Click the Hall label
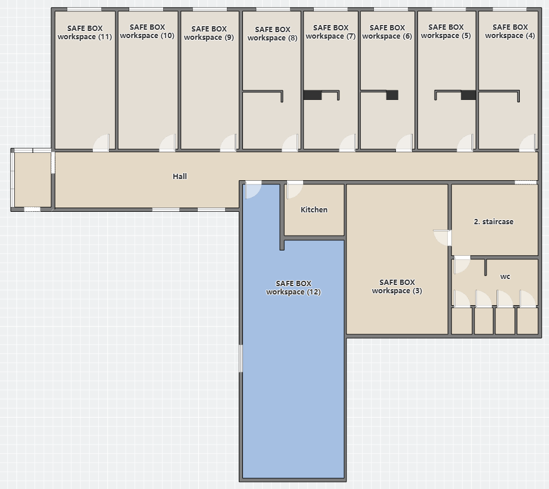180,176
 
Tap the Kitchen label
314,209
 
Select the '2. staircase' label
494,221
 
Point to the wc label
505,277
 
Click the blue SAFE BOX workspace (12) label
294,287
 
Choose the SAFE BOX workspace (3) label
397,287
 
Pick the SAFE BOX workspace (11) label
85,33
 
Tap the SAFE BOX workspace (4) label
510,31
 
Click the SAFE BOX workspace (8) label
272,33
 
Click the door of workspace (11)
101,143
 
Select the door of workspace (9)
228,143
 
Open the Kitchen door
295,190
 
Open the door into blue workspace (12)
253,190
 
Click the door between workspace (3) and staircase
442,238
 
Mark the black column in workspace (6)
392,95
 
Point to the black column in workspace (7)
313,95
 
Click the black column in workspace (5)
468,95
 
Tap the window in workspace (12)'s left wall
241,358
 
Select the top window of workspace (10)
146,9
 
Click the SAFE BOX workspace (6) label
387,32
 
